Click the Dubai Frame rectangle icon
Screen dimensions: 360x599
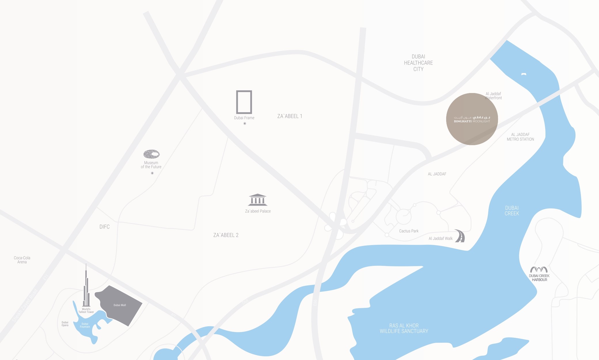(x=244, y=102)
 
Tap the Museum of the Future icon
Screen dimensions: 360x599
(x=151, y=154)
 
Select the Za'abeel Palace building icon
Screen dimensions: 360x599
(x=258, y=200)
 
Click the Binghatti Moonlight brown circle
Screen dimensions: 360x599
(x=472, y=119)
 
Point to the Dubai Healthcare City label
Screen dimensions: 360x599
(x=418, y=63)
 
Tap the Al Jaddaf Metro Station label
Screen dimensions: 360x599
(x=520, y=137)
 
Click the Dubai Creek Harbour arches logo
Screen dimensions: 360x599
(x=539, y=270)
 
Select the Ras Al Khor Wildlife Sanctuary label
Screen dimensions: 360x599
(x=404, y=328)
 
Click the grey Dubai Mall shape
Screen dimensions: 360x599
(x=119, y=305)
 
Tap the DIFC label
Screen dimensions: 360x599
(x=104, y=227)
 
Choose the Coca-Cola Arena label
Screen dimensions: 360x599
(x=22, y=260)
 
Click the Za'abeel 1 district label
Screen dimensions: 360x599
(x=290, y=116)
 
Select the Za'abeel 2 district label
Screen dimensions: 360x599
(x=226, y=235)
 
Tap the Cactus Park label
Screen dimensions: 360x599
(x=409, y=231)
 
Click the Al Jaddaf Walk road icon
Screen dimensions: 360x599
(x=460, y=236)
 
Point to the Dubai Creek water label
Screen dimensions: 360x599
(x=512, y=211)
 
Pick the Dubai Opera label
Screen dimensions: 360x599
(x=65, y=324)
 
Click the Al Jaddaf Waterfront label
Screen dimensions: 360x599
(x=493, y=96)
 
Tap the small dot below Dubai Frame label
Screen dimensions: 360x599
(x=245, y=124)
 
